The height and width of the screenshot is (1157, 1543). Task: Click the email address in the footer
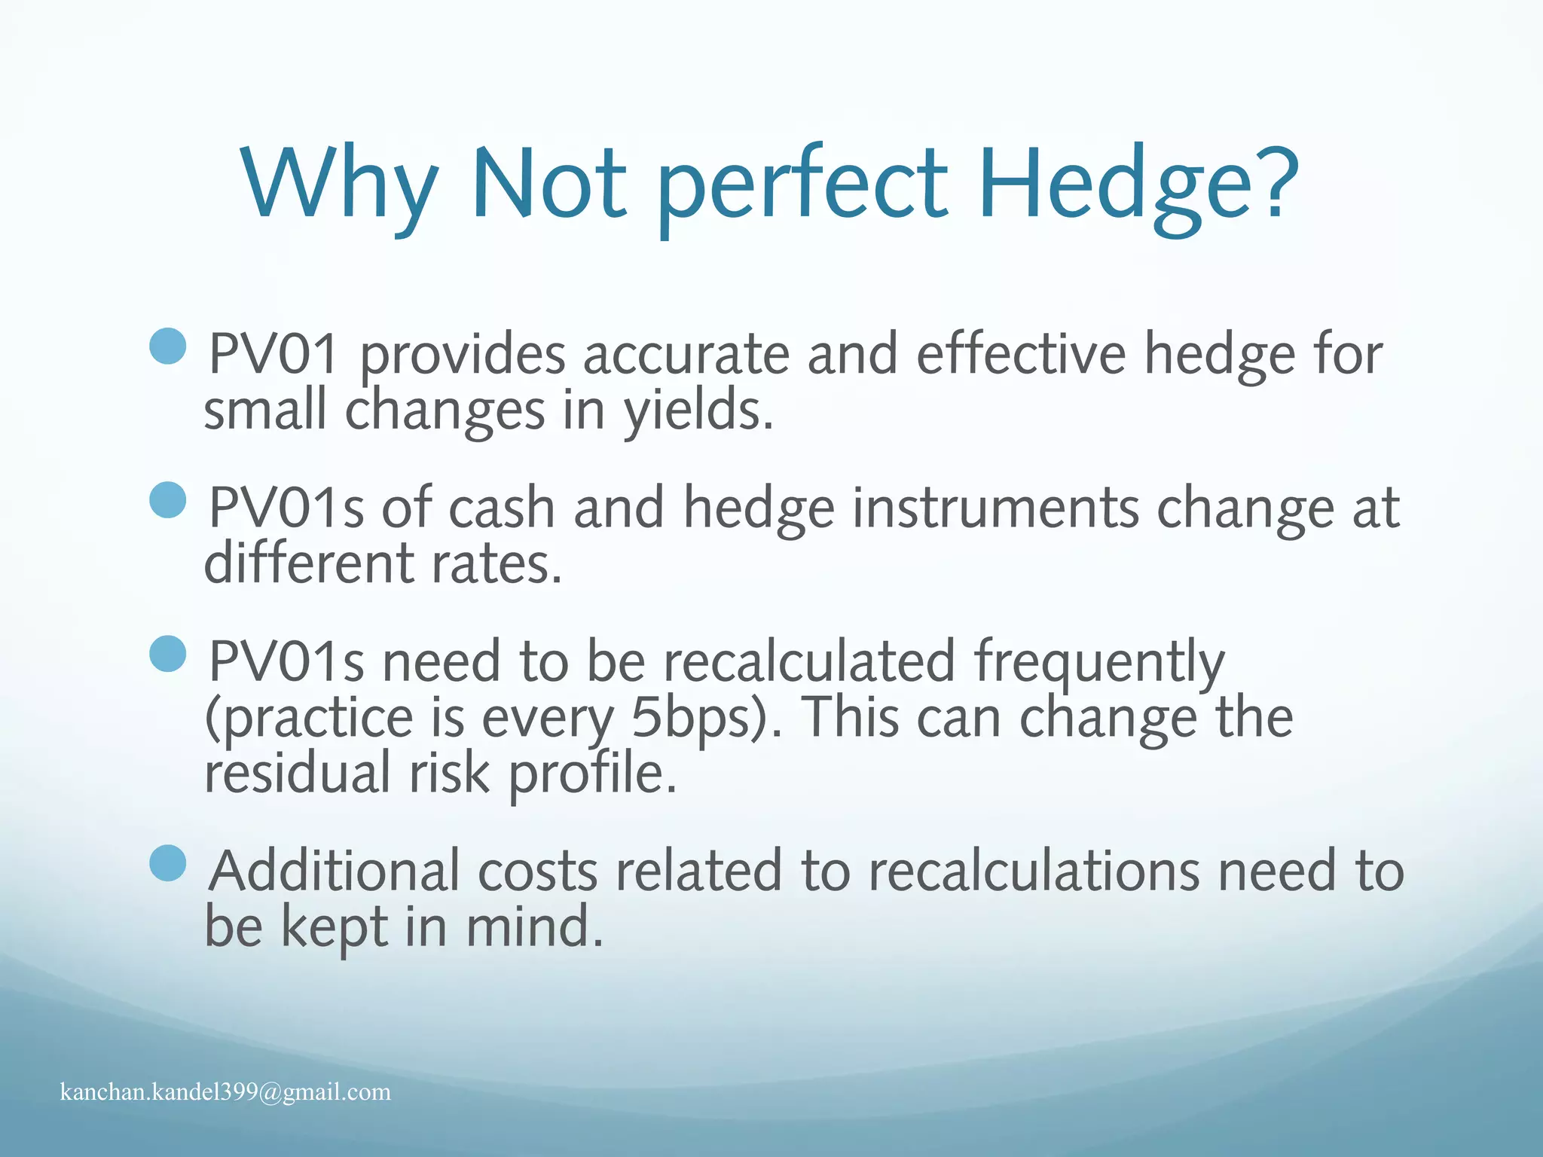(225, 1091)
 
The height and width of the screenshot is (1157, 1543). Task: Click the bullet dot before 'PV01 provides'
(168, 346)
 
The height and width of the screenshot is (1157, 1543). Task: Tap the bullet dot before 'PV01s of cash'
(168, 500)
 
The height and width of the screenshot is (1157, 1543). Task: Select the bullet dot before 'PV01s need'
(168, 654)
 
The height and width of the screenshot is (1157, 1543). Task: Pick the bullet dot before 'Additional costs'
(168, 863)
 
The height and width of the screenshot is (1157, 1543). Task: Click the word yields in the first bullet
(697, 413)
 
